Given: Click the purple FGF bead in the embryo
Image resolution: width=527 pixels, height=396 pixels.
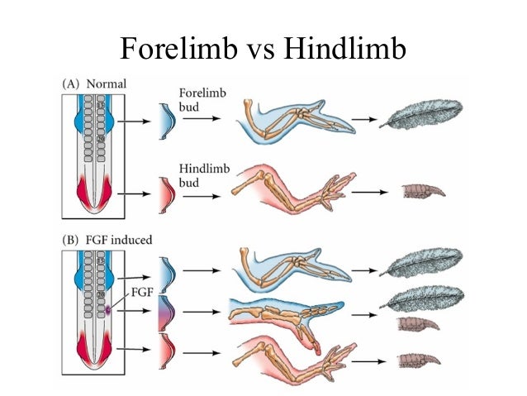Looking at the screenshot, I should (108, 312).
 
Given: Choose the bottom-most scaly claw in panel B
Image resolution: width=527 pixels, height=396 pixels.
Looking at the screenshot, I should (421, 359).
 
